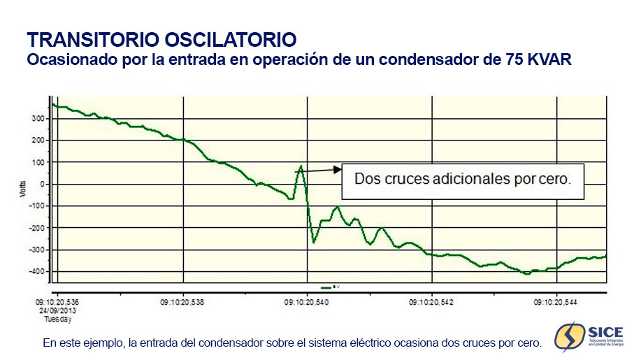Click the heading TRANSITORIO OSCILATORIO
coord(161,38)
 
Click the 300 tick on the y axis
coord(38,119)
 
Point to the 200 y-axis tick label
coord(38,141)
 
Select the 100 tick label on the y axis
coord(38,162)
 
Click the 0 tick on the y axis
coord(43,184)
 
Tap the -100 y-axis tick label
coord(37,206)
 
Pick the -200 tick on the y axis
coord(37,228)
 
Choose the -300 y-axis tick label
coord(37,250)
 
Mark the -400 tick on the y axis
coord(37,271)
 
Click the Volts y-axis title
coord(22,188)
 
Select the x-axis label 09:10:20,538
coord(183,303)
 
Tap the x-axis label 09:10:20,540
coord(307,303)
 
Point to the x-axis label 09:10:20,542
coord(431,303)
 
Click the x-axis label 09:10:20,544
coord(556,303)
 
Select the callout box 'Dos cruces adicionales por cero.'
coord(462,179)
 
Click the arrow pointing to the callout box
coord(322,169)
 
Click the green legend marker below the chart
coord(326,287)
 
